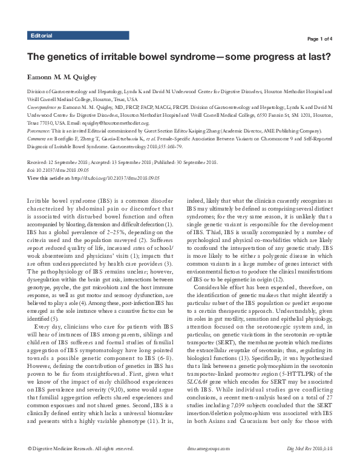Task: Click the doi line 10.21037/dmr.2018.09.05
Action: click(61, 169)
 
